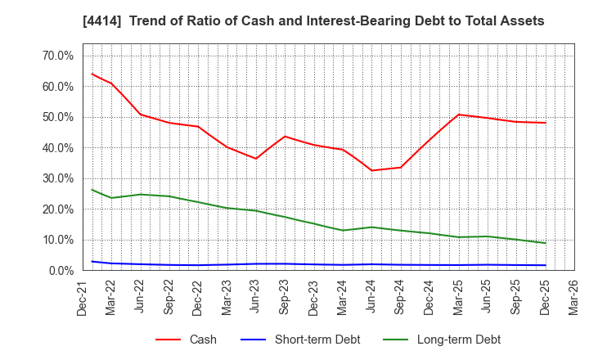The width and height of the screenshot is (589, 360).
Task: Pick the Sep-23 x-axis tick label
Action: coord(285,299)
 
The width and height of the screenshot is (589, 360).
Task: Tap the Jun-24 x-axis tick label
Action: coord(371,299)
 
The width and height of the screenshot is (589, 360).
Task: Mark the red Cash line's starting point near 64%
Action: coord(92,74)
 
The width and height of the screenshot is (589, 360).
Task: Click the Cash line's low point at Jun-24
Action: coord(371,170)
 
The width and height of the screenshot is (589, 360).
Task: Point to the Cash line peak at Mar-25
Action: coord(459,115)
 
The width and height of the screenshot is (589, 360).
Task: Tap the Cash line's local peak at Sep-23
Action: coord(285,137)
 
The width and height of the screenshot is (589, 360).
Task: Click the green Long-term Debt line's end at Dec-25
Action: coord(546,243)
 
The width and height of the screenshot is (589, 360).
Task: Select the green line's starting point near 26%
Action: coord(92,190)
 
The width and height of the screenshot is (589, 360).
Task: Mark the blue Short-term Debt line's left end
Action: coord(92,262)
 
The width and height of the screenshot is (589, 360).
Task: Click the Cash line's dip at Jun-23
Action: coord(256,159)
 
